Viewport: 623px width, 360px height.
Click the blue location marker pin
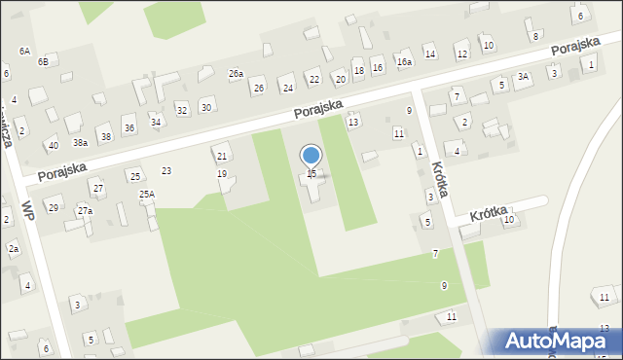point(311,157)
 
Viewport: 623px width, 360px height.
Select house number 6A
point(24,51)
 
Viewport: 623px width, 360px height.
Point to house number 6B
point(43,61)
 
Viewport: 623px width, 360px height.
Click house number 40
point(53,145)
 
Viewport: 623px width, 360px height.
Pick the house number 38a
point(81,142)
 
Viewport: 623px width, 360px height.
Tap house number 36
point(129,128)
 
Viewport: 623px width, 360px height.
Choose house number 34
point(156,122)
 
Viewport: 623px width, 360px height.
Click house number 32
point(181,110)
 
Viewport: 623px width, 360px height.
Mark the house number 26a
point(236,74)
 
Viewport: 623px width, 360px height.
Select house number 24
point(287,89)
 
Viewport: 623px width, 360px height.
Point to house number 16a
point(404,61)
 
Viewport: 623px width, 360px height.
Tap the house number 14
point(429,54)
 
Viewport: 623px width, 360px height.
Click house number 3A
point(523,76)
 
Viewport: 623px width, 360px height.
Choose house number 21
point(222,157)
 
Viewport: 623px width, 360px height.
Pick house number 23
point(166,171)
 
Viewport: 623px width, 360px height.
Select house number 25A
point(147,195)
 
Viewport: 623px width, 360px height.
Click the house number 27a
point(86,211)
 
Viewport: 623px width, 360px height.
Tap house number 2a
point(14,249)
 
